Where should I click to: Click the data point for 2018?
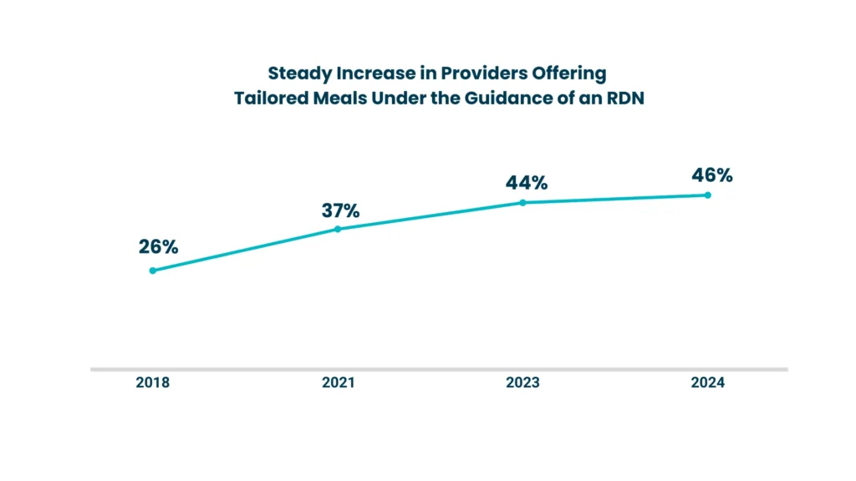pos(152,271)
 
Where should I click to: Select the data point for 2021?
pos(338,229)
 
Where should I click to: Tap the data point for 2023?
pos(522,202)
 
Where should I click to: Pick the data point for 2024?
pos(707,195)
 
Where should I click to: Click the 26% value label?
pos(159,247)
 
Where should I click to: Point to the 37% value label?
pos(340,210)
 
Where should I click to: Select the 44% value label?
pos(527,183)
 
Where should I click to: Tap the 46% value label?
pos(711,175)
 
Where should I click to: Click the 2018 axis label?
pos(152,383)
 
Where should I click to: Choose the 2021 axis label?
pos(338,383)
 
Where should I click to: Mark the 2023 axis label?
pos(522,383)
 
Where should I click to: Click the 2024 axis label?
pos(708,383)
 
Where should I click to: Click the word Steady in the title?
pos(294,73)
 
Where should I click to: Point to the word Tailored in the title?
pos(266,98)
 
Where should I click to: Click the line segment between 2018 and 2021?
pos(245,250)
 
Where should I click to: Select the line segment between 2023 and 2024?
pos(614,199)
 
